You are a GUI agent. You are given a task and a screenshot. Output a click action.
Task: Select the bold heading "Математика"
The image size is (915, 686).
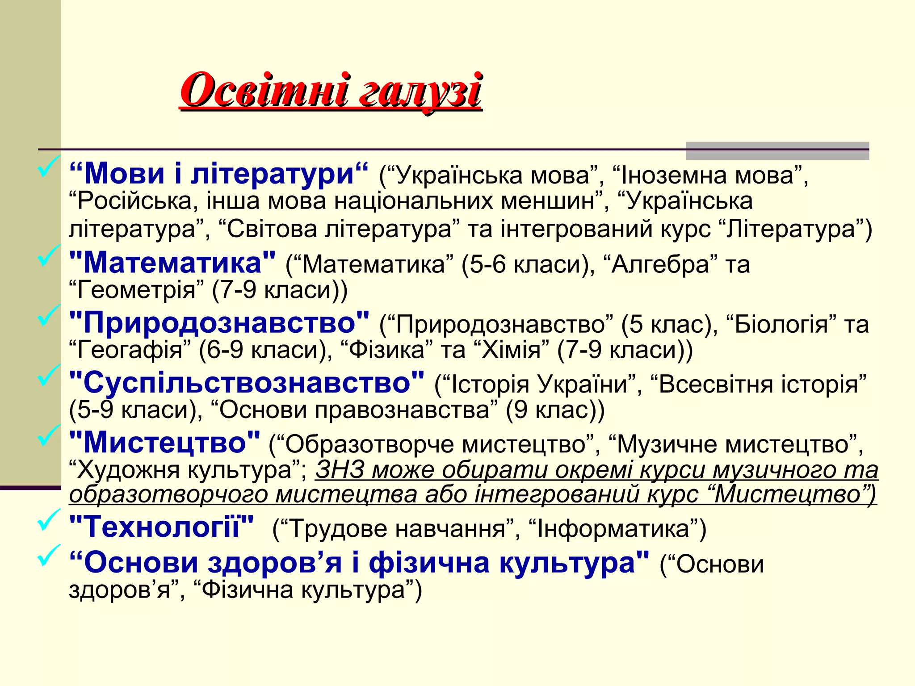(172, 263)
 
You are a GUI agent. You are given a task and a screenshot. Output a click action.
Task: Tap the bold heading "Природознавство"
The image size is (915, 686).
(219, 322)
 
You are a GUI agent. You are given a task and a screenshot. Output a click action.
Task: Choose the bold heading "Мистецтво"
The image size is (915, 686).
(165, 442)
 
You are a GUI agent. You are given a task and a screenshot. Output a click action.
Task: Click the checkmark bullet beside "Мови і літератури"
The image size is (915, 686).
(48, 167)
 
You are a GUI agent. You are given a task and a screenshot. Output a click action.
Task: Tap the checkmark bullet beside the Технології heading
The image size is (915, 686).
(48, 520)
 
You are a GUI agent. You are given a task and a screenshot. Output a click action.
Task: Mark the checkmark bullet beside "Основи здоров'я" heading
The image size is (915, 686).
(48, 556)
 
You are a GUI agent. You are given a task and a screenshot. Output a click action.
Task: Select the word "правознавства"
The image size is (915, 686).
(402, 410)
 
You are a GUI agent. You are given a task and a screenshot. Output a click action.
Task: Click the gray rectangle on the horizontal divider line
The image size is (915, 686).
(777, 151)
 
